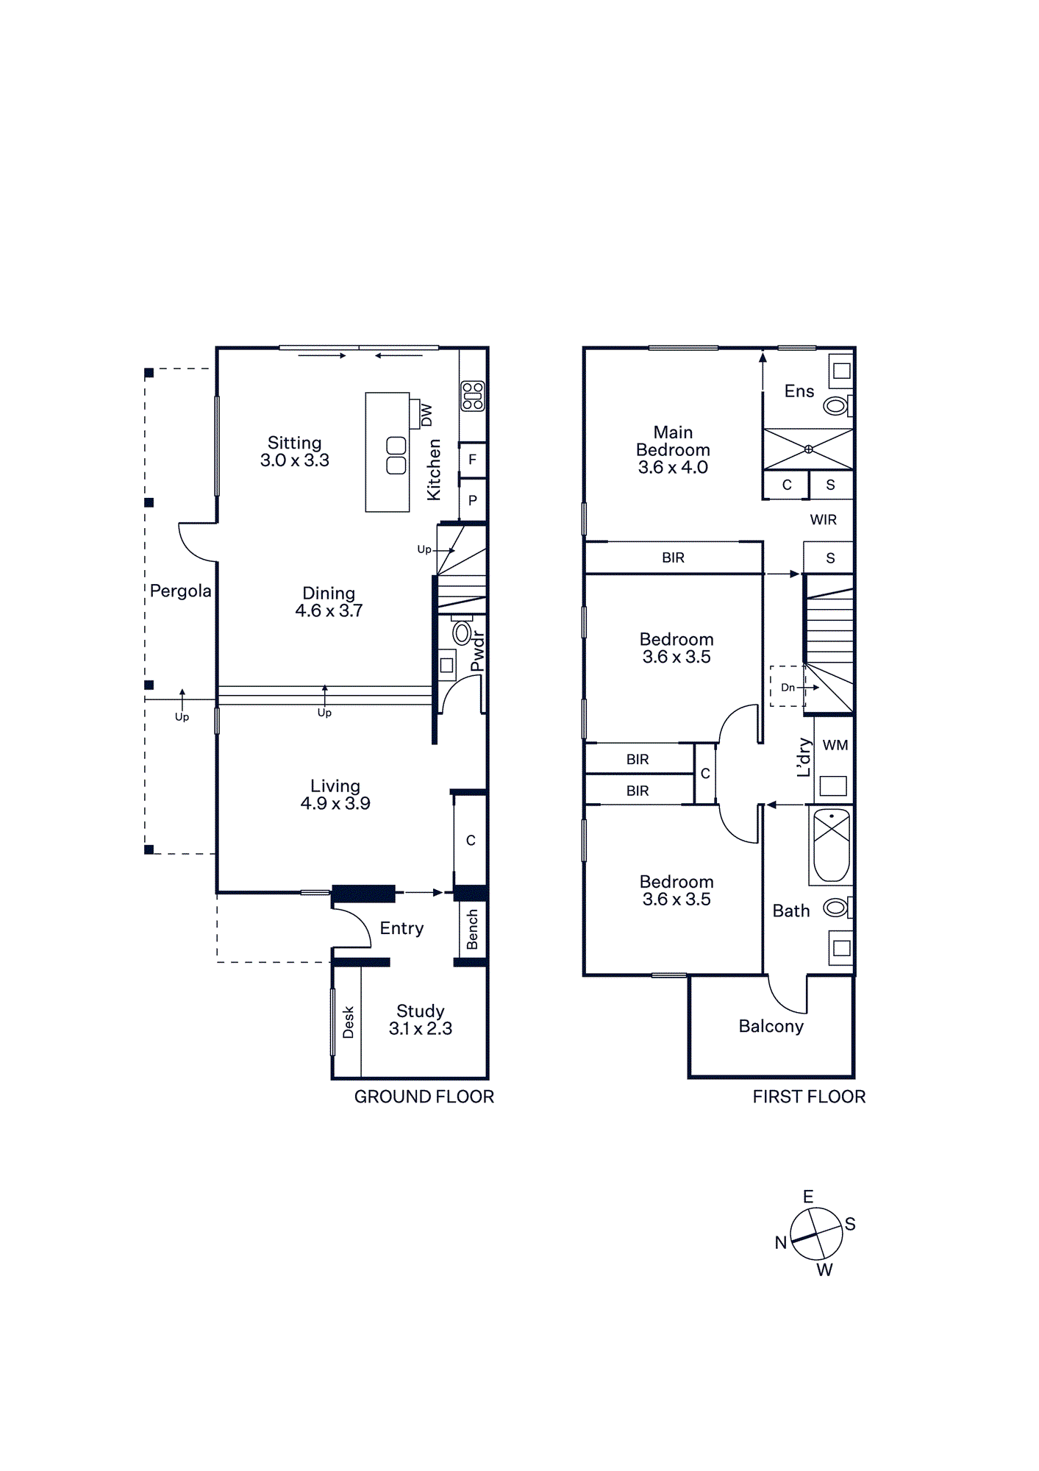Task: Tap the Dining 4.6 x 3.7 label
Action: click(329, 602)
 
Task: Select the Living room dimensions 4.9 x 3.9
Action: click(335, 804)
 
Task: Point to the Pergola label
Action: click(180, 591)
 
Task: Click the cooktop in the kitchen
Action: click(473, 396)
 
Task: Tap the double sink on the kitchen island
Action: click(396, 455)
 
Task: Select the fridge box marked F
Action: click(473, 460)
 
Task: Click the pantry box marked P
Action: click(473, 500)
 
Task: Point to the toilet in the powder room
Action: click(462, 632)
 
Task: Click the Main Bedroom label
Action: click(673, 450)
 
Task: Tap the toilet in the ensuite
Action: click(837, 405)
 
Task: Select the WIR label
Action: click(824, 520)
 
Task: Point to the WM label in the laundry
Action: click(835, 745)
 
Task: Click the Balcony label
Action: click(771, 1027)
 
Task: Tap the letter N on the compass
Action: click(781, 1243)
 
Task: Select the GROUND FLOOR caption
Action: click(424, 1097)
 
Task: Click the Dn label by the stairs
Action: click(788, 688)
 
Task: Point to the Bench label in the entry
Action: click(472, 929)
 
